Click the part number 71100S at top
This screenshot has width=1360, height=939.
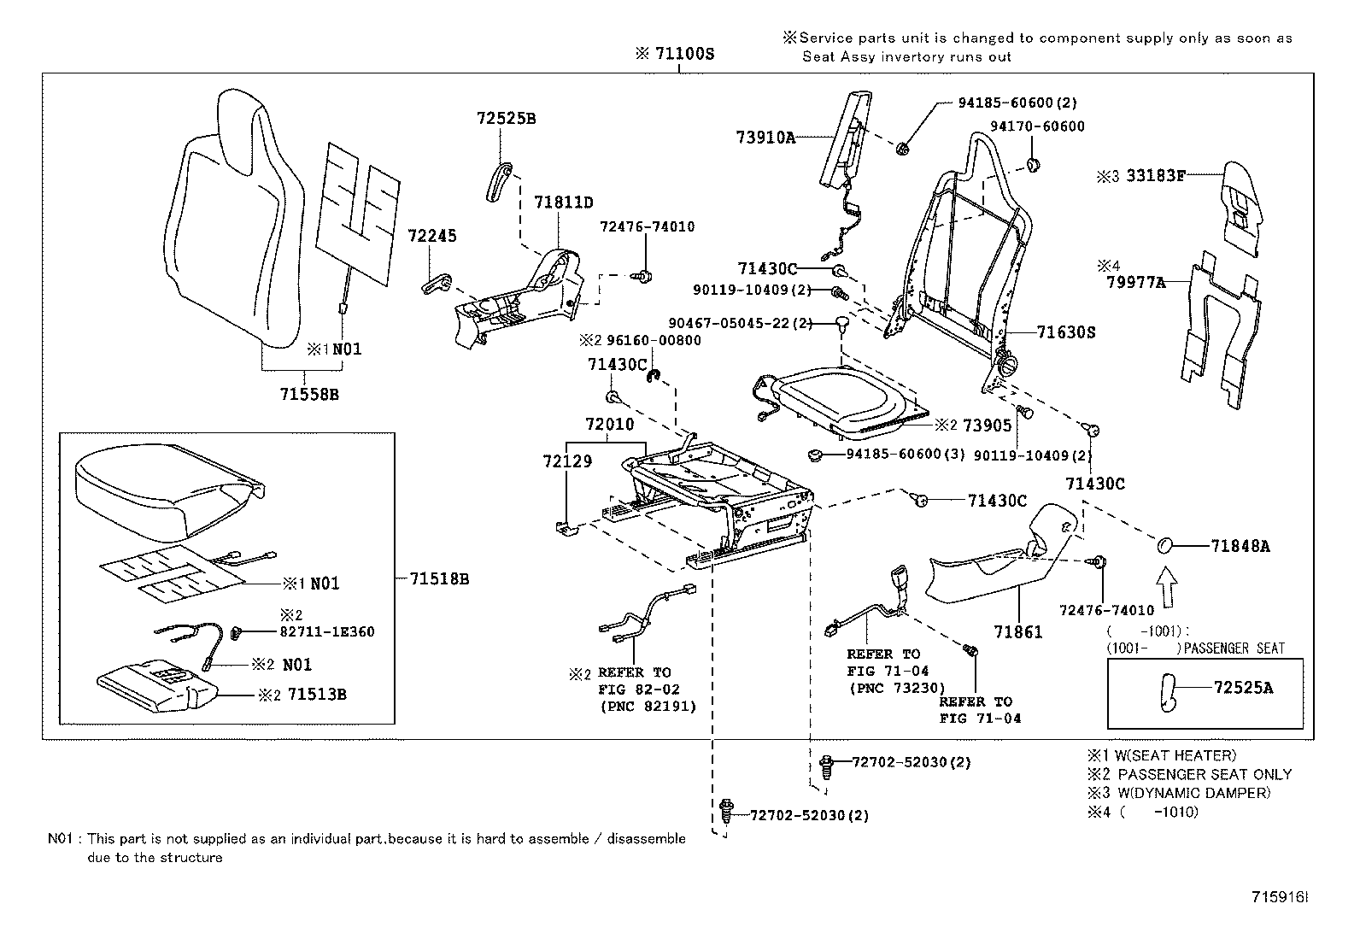tap(683, 54)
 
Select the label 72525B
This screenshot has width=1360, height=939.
tap(506, 119)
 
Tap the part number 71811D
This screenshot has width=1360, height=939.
tap(563, 202)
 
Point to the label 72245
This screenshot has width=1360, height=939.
tap(431, 235)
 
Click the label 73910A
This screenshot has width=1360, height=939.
tap(765, 137)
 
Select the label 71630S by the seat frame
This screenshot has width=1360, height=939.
tap(1065, 332)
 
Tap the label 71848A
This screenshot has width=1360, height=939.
tap(1240, 547)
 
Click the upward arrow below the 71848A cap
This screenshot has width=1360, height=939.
tap(1165, 590)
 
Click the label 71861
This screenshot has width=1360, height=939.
tap(1017, 632)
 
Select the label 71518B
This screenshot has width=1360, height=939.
tap(439, 579)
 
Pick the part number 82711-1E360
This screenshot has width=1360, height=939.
tap(327, 631)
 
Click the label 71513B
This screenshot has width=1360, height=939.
tap(316, 694)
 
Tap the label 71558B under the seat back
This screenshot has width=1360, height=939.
tap(309, 395)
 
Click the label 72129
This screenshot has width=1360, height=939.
tap(566, 461)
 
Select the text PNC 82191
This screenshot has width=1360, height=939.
tap(648, 706)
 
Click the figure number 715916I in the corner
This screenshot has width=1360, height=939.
tap(1280, 897)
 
